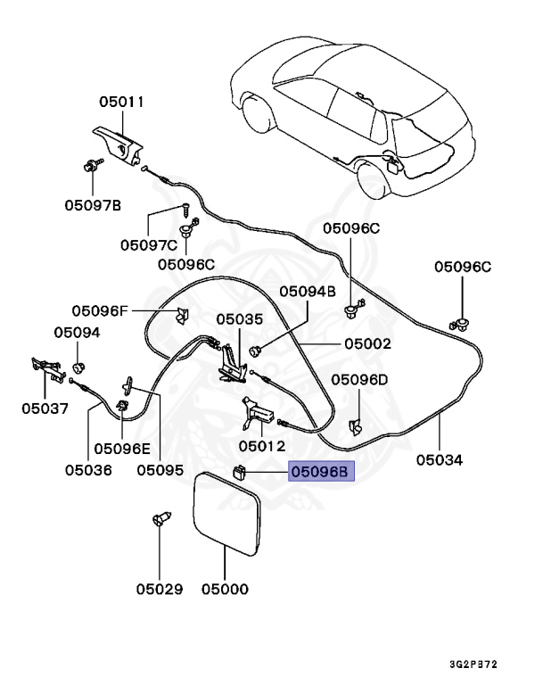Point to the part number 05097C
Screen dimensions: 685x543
tap(150, 244)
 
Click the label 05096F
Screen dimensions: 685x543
tap(101, 310)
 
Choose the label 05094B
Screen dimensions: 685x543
tap(307, 291)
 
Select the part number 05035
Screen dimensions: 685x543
tap(239, 318)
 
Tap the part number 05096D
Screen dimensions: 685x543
tap(360, 379)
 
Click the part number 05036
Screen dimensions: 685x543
tap(88, 468)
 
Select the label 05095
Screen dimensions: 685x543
tap(160, 468)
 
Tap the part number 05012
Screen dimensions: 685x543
tap(261, 445)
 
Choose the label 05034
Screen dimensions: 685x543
tap(440, 460)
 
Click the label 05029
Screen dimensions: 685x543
tap(160, 589)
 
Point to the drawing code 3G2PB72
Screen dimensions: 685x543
tap(473, 664)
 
